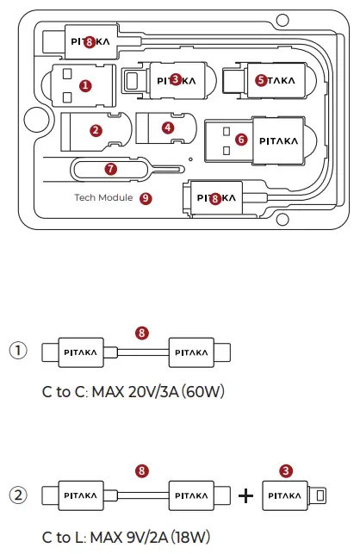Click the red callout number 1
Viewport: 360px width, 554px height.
coord(84,85)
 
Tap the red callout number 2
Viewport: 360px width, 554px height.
coord(96,131)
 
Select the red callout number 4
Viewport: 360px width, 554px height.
coord(168,128)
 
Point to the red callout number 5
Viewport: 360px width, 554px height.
coord(261,80)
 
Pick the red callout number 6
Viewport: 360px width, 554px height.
coord(241,138)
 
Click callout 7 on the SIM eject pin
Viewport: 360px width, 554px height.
coord(110,169)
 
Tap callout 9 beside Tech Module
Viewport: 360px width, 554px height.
coord(146,197)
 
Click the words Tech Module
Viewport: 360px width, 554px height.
coord(103,197)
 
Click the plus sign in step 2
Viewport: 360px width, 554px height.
coord(245,496)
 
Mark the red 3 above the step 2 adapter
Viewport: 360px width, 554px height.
coord(285,470)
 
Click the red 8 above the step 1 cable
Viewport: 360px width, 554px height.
coord(142,331)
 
